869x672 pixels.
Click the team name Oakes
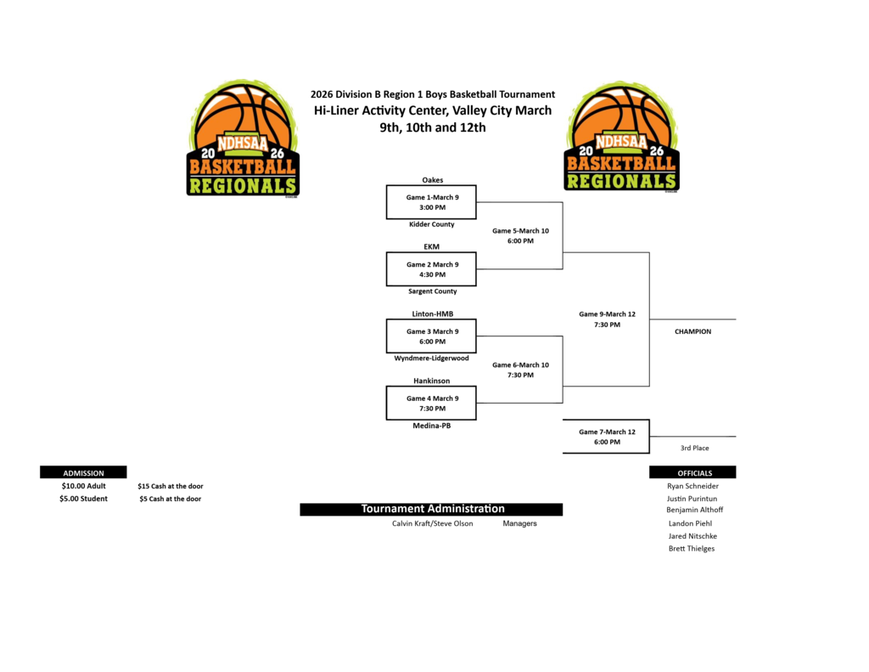(x=432, y=180)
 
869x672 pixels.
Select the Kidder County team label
(x=431, y=224)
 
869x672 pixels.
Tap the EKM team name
(x=431, y=246)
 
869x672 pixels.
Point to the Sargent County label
(x=432, y=291)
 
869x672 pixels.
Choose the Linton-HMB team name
(x=432, y=313)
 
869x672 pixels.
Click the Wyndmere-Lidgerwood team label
(x=431, y=359)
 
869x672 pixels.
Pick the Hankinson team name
(x=431, y=381)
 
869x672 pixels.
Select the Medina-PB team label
(x=431, y=426)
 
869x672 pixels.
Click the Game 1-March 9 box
(x=431, y=202)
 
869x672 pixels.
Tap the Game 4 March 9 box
(x=431, y=403)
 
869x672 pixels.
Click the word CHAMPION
(x=692, y=331)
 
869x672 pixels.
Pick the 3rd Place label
(x=694, y=448)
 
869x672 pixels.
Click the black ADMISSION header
(x=83, y=472)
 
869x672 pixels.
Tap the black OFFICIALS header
(x=693, y=472)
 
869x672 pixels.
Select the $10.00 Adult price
(x=83, y=486)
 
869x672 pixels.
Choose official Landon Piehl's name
(x=690, y=523)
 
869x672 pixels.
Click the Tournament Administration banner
(x=431, y=509)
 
